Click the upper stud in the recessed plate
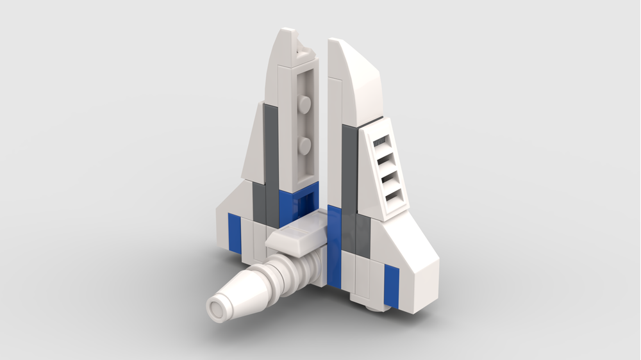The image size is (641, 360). pyautogui.click(x=306, y=103)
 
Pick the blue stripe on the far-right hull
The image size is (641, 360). pyautogui.click(x=390, y=284)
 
